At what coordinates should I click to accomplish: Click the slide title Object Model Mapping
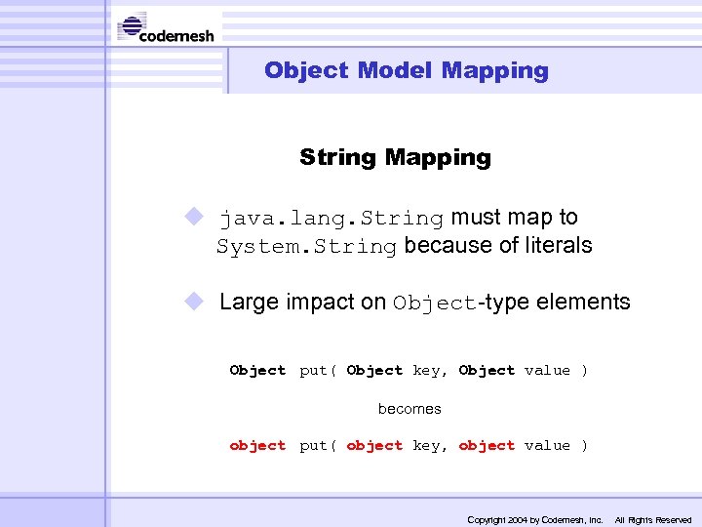406,70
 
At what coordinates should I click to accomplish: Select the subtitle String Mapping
395,157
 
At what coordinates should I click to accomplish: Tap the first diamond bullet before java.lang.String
195,217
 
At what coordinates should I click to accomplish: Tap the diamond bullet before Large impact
195,302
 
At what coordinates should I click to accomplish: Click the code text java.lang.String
331,218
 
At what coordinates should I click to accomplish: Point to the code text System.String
306,246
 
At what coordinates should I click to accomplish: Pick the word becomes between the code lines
409,409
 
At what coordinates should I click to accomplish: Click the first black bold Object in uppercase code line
257,371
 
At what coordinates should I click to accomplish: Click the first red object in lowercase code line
257,446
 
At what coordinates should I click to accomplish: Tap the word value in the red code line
547,446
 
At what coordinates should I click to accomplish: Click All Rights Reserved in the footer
653,520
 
